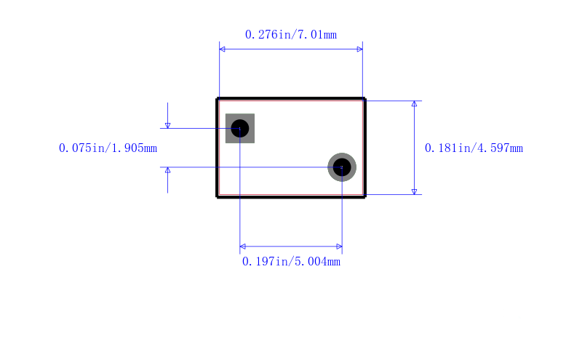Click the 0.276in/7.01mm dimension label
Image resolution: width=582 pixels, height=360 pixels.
pos(290,35)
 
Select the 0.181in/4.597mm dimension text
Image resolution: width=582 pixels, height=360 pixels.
pos(474,148)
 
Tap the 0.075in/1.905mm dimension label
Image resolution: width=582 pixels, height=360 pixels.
pos(108,148)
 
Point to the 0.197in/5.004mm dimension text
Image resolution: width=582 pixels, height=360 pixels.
pos(291,262)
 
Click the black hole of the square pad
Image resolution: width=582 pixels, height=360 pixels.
pos(240,129)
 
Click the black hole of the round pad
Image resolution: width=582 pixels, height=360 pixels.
pos(342,167)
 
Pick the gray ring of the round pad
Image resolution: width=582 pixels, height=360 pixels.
pos(330,167)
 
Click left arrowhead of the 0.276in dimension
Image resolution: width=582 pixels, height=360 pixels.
pos(222,49)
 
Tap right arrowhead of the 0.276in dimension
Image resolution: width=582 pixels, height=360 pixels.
pos(360,49)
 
